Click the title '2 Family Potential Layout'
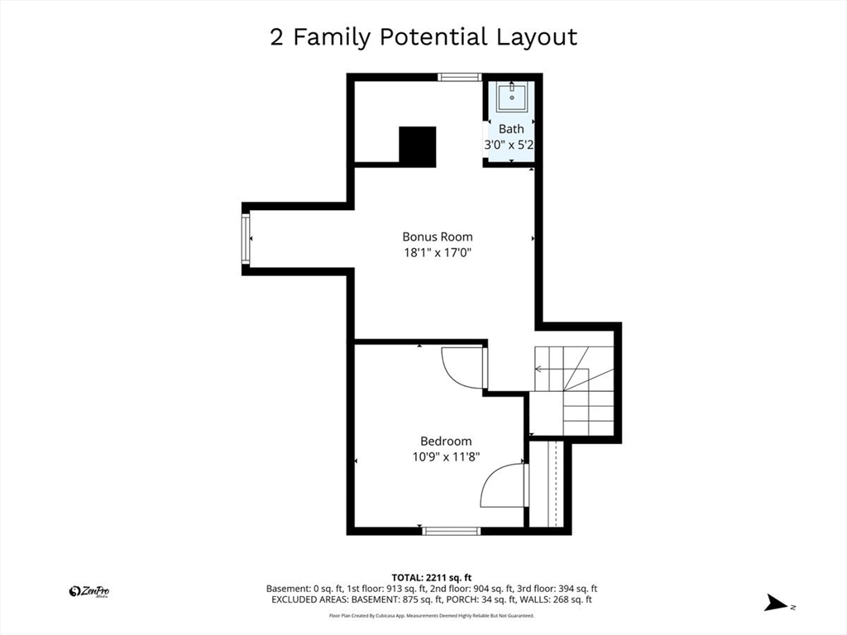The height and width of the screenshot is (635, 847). coord(423,37)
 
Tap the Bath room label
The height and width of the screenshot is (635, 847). coord(511,129)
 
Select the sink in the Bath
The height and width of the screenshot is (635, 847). coord(511,98)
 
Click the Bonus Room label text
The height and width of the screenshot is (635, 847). coord(438,236)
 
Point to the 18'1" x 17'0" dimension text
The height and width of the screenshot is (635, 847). coord(438,252)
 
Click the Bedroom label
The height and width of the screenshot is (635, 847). coord(446,442)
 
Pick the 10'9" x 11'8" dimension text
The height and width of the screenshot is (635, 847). coord(446,456)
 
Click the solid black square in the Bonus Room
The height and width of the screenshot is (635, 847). coord(418,146)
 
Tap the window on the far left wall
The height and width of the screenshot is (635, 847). coord(246,239)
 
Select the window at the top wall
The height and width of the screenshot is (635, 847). coord(459,77)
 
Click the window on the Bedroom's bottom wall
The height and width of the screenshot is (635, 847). coord(451,531)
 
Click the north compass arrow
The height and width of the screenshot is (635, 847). coord(776,603)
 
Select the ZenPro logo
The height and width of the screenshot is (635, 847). coord(89,592)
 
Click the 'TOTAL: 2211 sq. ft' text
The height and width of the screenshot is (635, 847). coord(432,578)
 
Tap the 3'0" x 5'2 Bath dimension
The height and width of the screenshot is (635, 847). coord(509,145)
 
